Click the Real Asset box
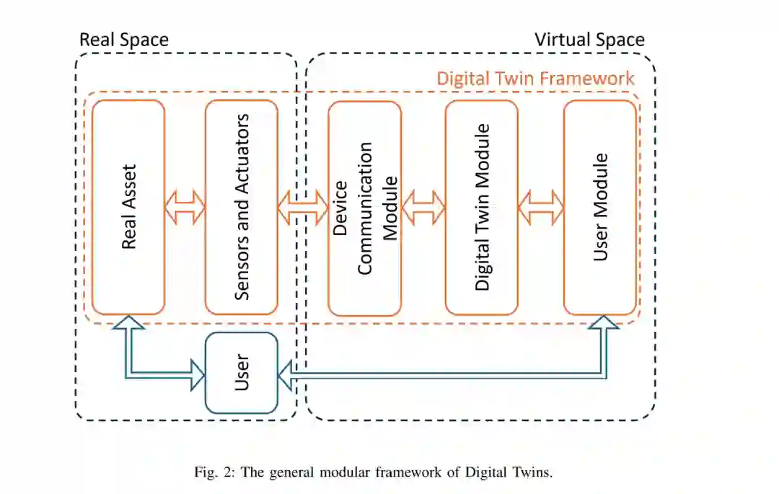pos(128,207)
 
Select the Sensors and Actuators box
pos(242,207)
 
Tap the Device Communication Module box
pos(364,208)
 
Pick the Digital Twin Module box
pos(481,208)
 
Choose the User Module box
pos(600,208)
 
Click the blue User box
pos(242,373)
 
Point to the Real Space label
pos(123,39)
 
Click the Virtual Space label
pos(589,39)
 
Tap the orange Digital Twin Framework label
pos(535,78)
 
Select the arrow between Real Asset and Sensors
pos(185,208)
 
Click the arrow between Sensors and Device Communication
pos(303,208)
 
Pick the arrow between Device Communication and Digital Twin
pos(423,208)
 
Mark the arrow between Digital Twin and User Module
pos(540,208)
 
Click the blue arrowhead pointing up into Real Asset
pos(128,325)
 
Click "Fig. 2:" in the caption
pos(213,473)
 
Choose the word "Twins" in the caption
pos(532,473)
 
